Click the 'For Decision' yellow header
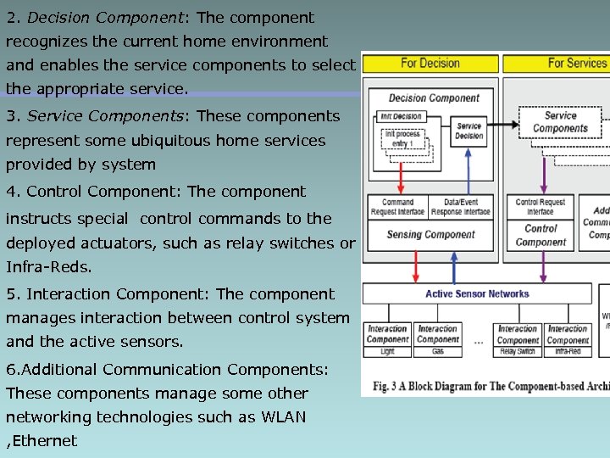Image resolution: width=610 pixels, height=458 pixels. point(430,63)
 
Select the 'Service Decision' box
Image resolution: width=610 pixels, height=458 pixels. point(469,131)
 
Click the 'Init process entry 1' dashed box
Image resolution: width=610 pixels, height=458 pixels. point(403,139)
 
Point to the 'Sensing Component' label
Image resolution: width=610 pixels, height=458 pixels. point(430,235)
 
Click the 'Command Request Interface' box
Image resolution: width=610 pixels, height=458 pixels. point(397,207)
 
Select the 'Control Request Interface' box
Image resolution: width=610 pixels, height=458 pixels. point(541,207)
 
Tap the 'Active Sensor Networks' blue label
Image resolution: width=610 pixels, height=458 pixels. point(477,294)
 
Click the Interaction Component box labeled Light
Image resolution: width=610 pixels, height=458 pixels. point(387,339)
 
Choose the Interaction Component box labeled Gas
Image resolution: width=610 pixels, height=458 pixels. point(437,339)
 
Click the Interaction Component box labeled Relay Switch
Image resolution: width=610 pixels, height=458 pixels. point(517,339)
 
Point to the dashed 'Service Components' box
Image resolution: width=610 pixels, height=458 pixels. point(560,123)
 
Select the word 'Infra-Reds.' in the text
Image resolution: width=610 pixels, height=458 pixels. point(48,267)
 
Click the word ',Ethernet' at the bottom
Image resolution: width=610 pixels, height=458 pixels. point(42,441)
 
